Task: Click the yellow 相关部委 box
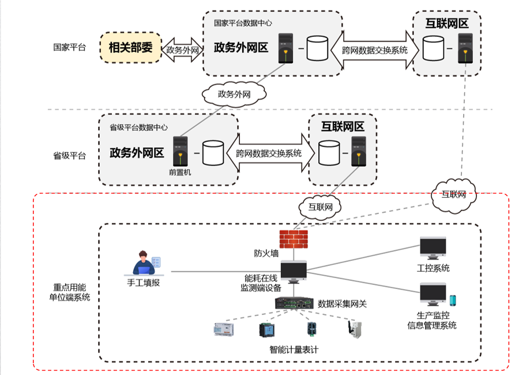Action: (130, 48)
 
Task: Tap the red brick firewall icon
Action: (293, 239)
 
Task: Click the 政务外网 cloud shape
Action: (234, 93)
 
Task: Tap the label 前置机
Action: (180, 172)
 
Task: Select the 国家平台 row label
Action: (69, 47)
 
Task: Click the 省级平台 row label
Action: (69, 156)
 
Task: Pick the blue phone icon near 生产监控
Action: (453, 301)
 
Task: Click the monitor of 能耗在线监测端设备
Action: (294, 271)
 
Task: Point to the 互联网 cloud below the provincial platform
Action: (319, 206)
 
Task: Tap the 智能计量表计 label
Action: (294, 350)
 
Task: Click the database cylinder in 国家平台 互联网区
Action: (433, 48)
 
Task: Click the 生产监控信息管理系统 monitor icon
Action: (433, 294)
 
